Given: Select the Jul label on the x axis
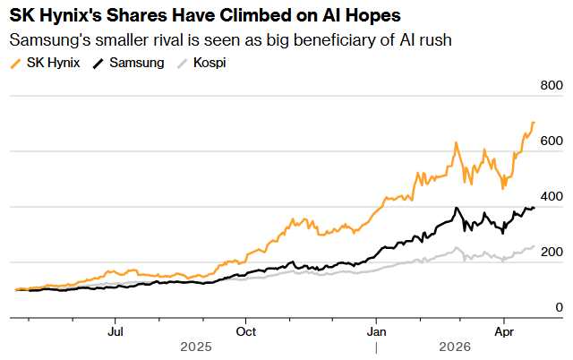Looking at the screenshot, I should [115, 330].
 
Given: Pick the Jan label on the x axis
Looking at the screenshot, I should [376, 330].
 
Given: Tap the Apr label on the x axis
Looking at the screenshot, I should [504, 330].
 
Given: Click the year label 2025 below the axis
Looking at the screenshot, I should [197, 347].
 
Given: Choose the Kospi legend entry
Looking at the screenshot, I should [209, 64].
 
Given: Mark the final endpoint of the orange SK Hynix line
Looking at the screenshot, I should [535, 123].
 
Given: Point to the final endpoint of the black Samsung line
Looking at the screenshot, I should [535, 208].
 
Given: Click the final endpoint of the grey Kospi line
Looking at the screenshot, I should [535, 246].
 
